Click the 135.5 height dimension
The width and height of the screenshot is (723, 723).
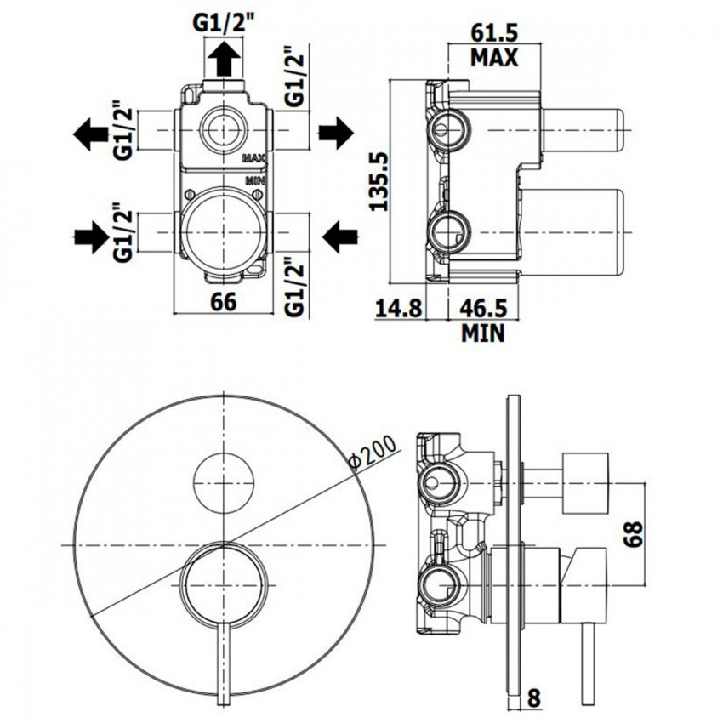pyautogui.click(x=379, y=181)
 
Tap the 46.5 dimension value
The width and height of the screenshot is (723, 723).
pyautogui.click(x=482, y=307)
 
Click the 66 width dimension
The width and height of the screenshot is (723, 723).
pyautogui.click(x=223, y=302)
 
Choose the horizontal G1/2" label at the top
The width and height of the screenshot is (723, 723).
pyautogui.click(x=225, y=24)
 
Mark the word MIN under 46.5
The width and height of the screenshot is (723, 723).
pyautogui.click(x=482, y=332)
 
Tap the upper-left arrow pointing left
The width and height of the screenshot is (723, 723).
pyautogui.click(x=89, y=133)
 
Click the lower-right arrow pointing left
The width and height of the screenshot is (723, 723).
pyautogui.click(x=340, y=232)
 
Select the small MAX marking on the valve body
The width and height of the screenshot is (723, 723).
pyautogui.click(x=254, y=159)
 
